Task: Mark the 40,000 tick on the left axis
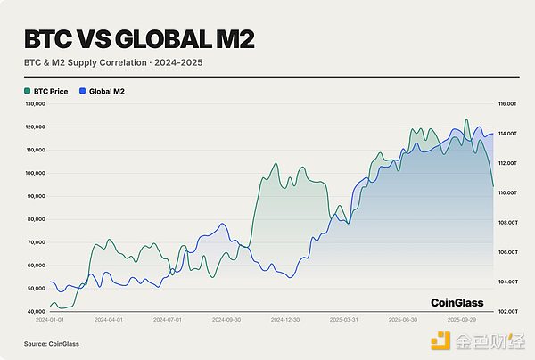[35, 312]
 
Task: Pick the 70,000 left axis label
[35, 242]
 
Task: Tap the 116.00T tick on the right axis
[508, 104]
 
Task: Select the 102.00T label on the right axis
[508, 312]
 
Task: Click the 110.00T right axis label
[508, 192]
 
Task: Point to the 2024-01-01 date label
[49, 318]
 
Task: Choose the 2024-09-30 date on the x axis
[226, 318]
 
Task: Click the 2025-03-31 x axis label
[345, 318]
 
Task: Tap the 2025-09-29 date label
[464, 318]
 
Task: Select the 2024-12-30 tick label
[286, 318]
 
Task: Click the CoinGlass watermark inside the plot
[457, 302]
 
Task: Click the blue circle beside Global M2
[83, 91]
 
